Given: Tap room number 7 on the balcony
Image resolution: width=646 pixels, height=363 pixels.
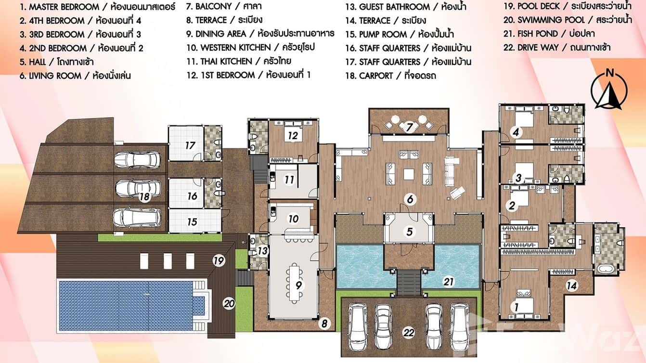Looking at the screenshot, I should click(410, 128).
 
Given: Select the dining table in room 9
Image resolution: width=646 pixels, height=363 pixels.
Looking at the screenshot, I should click(294, 285).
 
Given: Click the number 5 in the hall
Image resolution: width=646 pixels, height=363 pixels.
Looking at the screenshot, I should click(409, 232).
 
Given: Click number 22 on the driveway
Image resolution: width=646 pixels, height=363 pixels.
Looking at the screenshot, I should click(409, 332).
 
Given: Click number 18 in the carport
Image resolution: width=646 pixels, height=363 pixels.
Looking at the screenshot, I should click(143, 196).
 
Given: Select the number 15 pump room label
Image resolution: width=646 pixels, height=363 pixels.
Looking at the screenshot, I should click(192, 222).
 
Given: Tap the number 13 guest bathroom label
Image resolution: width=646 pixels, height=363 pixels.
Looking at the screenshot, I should click(262, 250).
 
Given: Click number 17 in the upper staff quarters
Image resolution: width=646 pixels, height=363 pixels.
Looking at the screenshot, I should click(191, 145).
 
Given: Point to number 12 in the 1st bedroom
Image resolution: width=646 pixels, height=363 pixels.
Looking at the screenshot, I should click(293, 136).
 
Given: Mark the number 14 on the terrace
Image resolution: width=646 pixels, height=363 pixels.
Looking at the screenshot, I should click(571, 285).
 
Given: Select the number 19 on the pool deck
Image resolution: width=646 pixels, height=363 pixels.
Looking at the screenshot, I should click(219, 261).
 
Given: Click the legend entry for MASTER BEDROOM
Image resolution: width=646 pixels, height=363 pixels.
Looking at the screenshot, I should click(96, 7).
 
